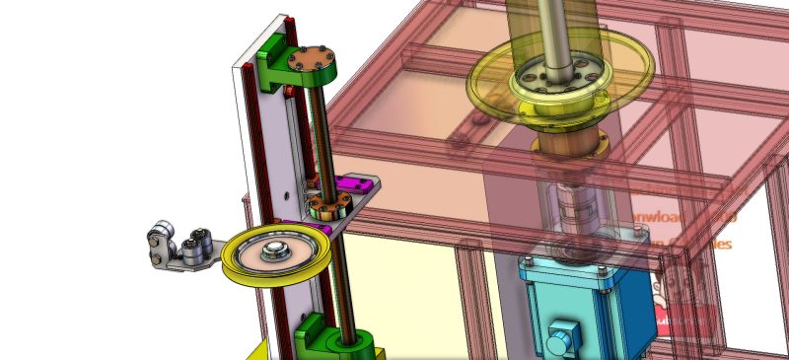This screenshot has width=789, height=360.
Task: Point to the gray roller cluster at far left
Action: pos(179,246)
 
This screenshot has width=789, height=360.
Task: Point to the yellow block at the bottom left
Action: pos(258,351)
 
